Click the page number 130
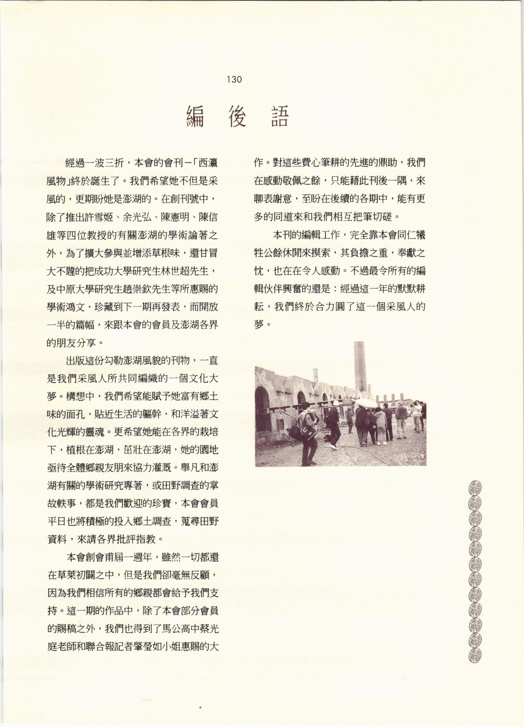click(234, 79)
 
